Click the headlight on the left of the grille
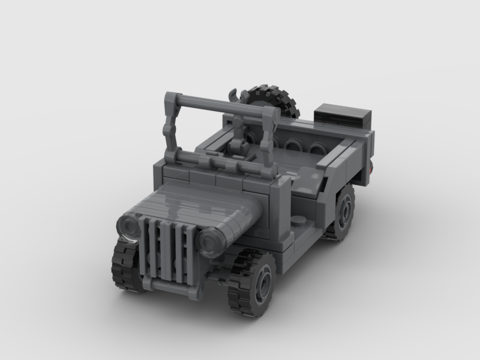coord(128,226)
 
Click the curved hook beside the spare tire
coord(233,95)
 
